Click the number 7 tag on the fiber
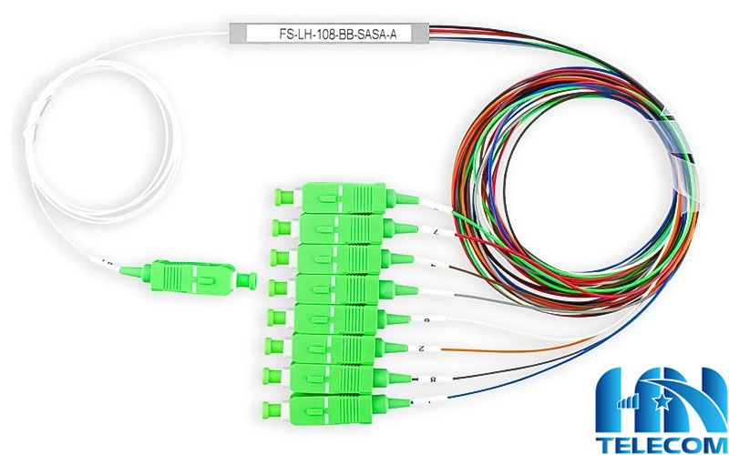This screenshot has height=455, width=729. pos(435,233)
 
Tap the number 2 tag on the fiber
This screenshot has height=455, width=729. pos(420,349)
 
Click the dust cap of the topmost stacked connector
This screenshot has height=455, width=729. pos(282,197)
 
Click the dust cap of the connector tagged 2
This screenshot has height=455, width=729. pos(272,347)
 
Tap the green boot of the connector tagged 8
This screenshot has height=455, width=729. pos(386,376)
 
